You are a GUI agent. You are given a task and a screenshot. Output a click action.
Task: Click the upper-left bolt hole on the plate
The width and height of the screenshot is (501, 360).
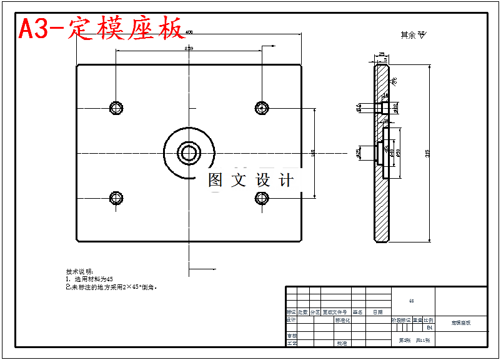click(116, 108)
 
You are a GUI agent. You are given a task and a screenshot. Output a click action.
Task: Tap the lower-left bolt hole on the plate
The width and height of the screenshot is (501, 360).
click(116, 198)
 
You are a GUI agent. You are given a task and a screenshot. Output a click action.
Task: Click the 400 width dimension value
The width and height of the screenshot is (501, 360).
click(189, 32)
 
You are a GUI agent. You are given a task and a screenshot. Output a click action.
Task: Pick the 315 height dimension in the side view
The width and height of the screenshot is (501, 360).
click(427, 152)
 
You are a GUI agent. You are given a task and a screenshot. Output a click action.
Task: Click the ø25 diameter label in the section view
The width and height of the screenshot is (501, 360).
click(359, 152)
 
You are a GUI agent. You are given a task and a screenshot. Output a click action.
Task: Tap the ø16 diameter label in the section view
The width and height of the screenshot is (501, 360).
click(359, 107)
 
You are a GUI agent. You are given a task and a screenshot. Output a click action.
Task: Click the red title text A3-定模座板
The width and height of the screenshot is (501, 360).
click(102, 29)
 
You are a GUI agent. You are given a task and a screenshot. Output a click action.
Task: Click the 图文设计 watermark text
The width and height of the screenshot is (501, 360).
click(250, 181)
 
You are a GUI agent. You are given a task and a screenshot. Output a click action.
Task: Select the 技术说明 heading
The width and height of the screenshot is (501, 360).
click(79, 271)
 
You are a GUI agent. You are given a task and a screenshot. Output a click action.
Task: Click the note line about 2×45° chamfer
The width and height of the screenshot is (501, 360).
click(112, 287)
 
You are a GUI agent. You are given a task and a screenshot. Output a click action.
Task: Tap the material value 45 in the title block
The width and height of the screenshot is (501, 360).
click(411, 301)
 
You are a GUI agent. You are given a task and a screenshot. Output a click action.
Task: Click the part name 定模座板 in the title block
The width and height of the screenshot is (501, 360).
click(461, 323)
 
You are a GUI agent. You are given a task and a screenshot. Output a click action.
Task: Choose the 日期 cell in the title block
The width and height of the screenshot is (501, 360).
click(378, 312)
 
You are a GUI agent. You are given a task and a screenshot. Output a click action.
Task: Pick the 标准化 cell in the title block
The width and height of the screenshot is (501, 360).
click(343, 320)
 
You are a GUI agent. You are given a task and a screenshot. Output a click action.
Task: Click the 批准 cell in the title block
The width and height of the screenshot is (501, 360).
click(342, 343)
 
